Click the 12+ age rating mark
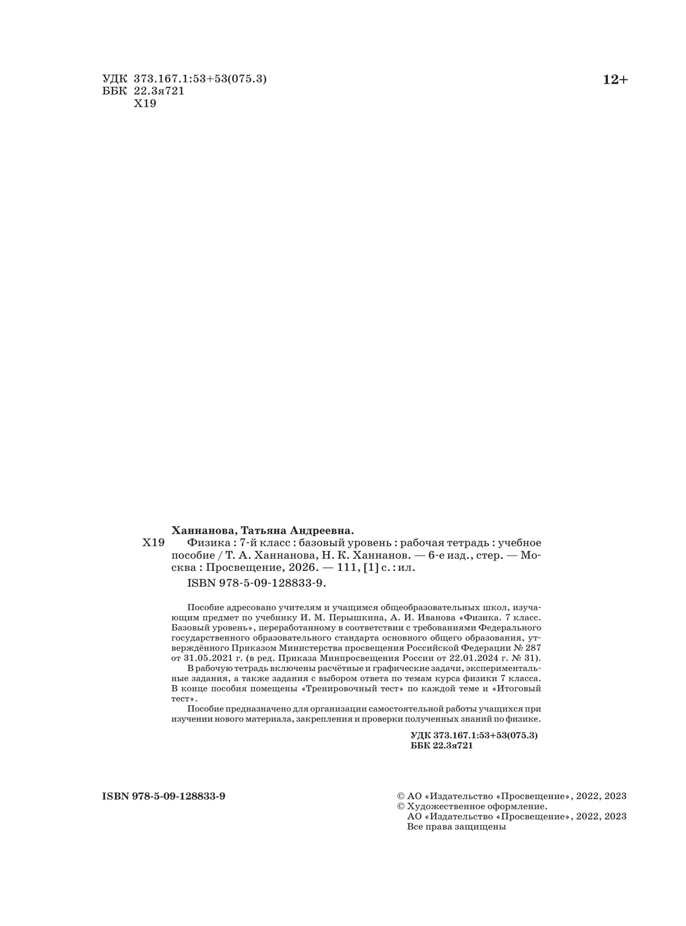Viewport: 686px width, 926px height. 615,80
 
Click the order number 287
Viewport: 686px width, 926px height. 532,647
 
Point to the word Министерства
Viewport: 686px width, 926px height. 309,647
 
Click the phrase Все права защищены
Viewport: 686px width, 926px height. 456,826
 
